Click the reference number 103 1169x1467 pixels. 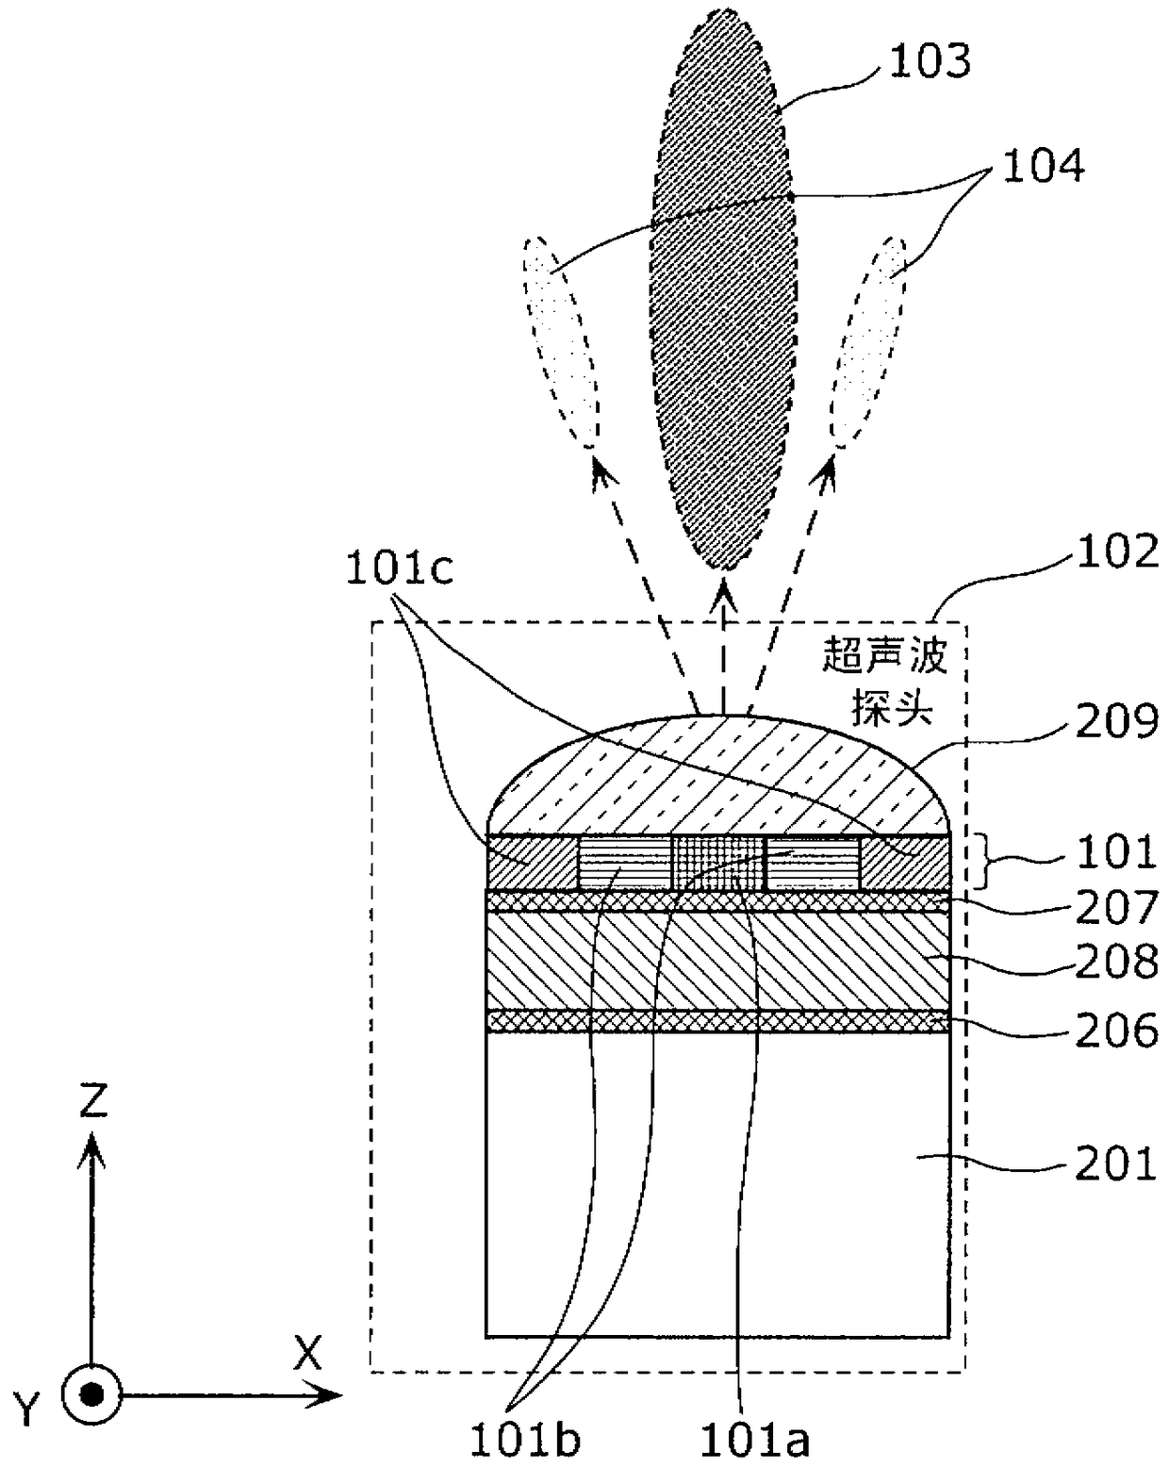click(x=929, y=61)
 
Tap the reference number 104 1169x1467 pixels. click(x=1043, y=166)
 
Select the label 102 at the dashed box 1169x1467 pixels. click(x=1117, y=552)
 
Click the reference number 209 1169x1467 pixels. click(x=1117, y=724)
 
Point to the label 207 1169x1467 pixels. click(x=1117, y=907)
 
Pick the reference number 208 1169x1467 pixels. click(x=1117, y=962)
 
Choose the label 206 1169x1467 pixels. click(x=1117, y=1030)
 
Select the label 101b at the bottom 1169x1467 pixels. click(x=525, y=1440)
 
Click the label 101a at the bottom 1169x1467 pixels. click(x=754, y=1440)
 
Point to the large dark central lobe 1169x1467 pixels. click(x=718, y=302)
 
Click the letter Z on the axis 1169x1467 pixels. click(x=92, y=1100)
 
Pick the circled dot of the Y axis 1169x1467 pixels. click(x=91, y=1394)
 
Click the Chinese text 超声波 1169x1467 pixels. click(x=884, y=656)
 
